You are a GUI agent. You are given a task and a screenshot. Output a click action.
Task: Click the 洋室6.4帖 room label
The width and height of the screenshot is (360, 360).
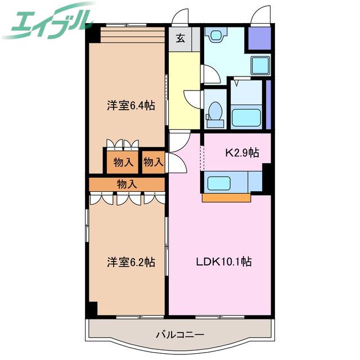[x=131, y=106]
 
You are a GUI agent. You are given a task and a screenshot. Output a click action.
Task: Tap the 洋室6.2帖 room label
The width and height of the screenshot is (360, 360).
[x=131, y=262]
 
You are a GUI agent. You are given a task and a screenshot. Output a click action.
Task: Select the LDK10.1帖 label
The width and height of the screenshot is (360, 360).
[x=224, y=262]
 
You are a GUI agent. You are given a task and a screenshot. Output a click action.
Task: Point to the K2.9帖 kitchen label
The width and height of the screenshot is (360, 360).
[x=242, y=152]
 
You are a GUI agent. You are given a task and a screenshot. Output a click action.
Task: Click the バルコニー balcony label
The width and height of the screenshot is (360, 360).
[x=180, y=335]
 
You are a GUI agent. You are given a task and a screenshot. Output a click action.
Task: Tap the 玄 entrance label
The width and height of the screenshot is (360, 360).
[x=181, y=38]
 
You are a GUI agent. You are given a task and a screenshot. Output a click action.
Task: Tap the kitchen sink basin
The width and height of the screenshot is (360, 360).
[x=219, y=183]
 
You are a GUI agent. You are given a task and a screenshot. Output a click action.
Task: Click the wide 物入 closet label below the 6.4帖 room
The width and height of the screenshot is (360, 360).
[x=127, y=184]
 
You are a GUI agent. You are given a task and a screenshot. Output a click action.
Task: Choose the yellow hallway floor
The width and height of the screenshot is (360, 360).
[x=184, y=91]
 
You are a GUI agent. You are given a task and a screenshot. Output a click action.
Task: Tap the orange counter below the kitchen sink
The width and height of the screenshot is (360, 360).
[x=226, y=198]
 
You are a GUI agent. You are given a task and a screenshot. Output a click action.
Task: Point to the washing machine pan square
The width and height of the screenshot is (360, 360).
[x=260, y=65]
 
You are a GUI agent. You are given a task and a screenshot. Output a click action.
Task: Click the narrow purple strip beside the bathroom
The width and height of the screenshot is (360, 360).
[x=268, y=104]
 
